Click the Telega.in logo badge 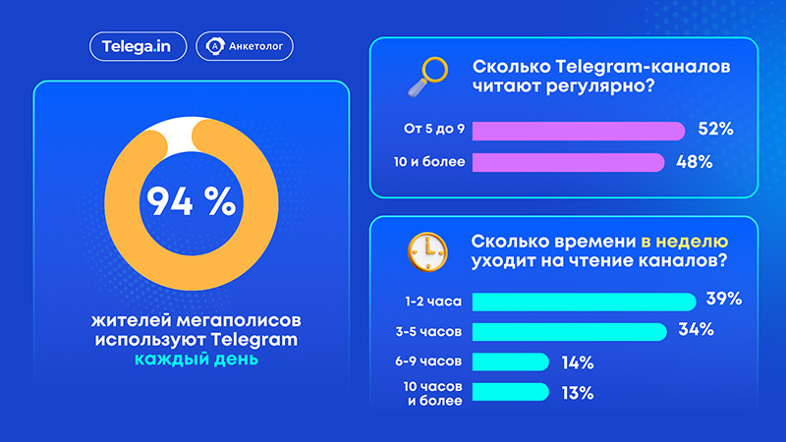click(x=138, y=46)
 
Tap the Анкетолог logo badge click(x=244, y=46)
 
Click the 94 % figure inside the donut click(x=191, y=201)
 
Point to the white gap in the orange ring click(x=180, y=133)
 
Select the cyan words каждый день click(x=196, y=359)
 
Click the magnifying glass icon click(x=427, y=77)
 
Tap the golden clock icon click(x=427, y=252)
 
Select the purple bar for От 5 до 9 click(x=579, y=131)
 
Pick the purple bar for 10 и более click(x=569, y=162)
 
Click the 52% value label click(x=716, y=130)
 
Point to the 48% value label click(x=695, y=162)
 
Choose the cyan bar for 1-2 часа click(x=584, y=302)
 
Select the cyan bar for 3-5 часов click(x=570, y=332)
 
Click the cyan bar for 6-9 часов click(x=511, y=361)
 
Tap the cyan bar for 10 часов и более click(x=511, y=392)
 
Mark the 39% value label click(x=724, y=300)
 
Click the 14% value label click(x=578, y=362)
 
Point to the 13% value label click(x=578, y=394)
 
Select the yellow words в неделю click(x=685, y=242)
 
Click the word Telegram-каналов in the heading click(x=644, y=67)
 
